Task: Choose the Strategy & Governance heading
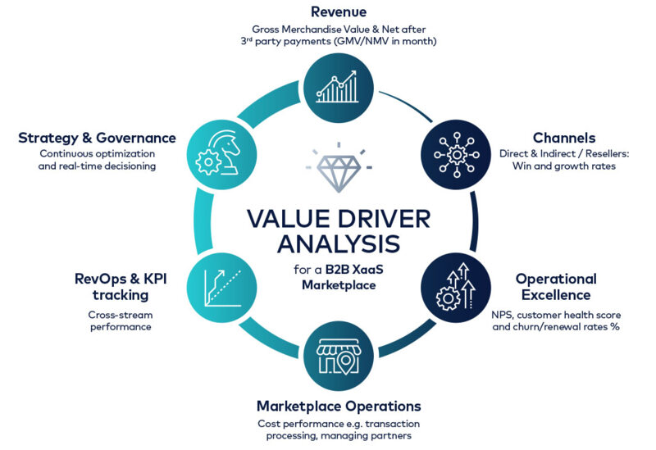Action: pos(97,137)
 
